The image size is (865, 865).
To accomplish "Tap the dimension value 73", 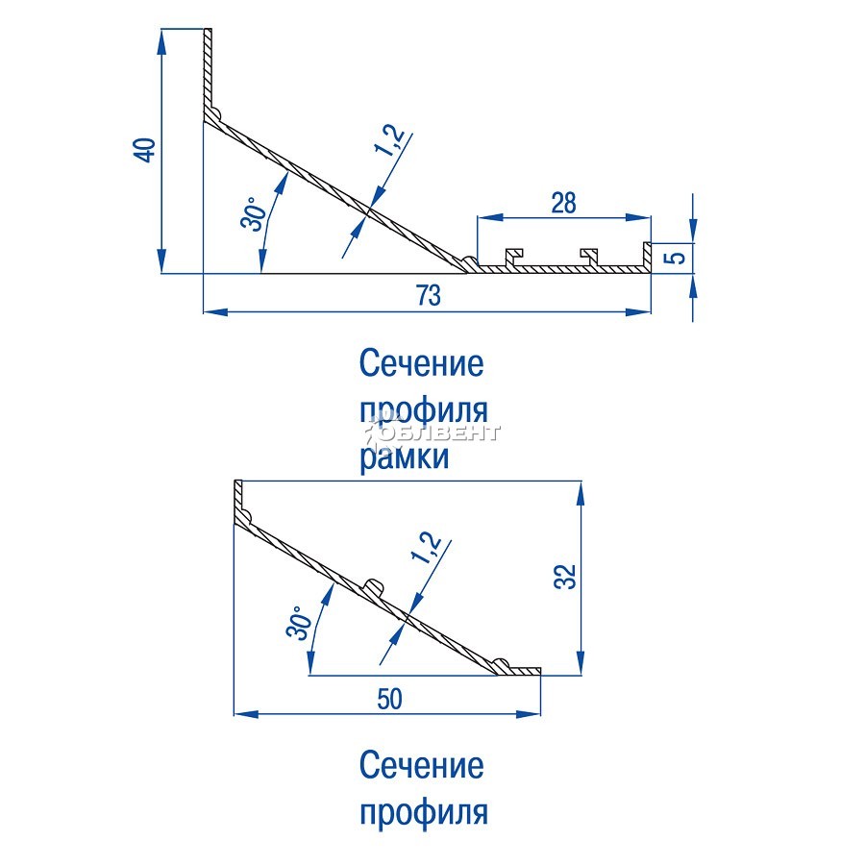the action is coord(429,296).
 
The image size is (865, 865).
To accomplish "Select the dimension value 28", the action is coord(563,203).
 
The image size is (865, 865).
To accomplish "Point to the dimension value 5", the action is coord(677,258).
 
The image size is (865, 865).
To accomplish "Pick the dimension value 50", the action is coord(389,700).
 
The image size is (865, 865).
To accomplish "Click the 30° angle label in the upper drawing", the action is coord(254,214).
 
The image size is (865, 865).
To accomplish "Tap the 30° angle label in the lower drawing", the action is coord(299,623).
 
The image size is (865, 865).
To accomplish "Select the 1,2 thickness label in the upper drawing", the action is coord(389,140).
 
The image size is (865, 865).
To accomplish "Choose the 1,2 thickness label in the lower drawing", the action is coord(427,547).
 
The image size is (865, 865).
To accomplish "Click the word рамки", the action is coord(405,457).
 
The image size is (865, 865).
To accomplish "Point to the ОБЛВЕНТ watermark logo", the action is coord(433,433).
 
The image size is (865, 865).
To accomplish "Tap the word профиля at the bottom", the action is coord(424,812).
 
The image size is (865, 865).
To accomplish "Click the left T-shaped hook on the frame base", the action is coord(513,257).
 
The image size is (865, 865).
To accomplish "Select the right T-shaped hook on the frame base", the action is coord(589,257).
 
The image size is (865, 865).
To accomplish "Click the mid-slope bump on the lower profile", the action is coord(375,587).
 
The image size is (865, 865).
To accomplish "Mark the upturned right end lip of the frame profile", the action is coord(647,256).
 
